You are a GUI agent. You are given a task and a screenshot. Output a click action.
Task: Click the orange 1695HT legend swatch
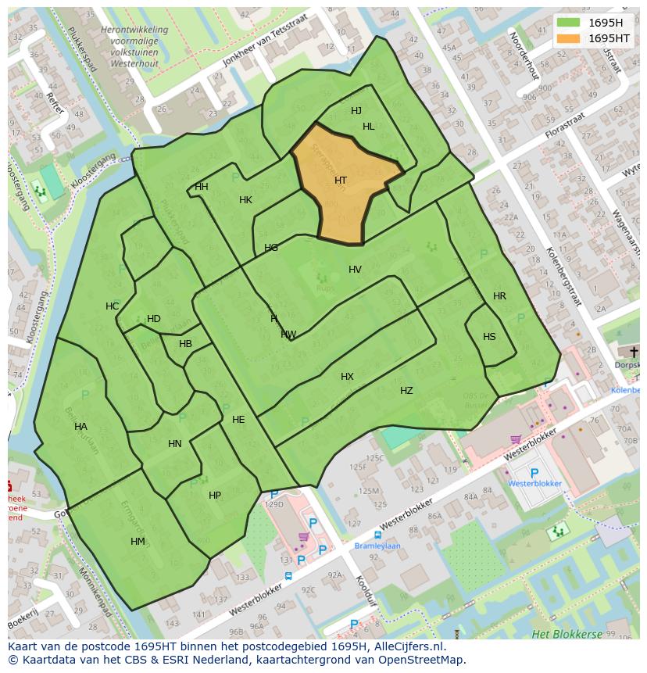pos(569,38)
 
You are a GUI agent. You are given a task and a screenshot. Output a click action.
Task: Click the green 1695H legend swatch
pos(569,23)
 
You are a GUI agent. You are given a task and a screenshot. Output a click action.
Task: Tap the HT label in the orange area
pos(341,181)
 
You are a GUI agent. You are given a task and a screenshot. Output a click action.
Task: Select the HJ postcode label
pos(356,111)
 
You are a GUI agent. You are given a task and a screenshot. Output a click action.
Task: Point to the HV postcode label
pos(355,270)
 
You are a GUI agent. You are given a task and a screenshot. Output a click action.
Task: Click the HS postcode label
pos(489,337)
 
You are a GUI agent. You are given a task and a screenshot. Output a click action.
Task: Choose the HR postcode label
pos(499,296)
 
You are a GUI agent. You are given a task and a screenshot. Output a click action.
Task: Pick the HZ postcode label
pos(406,391)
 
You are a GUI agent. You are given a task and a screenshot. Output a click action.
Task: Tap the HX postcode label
pos(347,377)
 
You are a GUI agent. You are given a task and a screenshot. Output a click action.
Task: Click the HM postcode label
pos(138,542)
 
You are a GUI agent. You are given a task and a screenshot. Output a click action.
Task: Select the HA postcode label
pos(80,427)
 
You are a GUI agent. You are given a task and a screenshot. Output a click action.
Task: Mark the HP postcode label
pos(214,496)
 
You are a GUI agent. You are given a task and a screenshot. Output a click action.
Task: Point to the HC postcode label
pos(113,306)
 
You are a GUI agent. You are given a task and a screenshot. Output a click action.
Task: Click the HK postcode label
pos(245,200)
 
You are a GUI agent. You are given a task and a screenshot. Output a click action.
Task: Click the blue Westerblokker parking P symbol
pos(534,473)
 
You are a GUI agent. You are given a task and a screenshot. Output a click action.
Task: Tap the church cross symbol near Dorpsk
pos(633,353)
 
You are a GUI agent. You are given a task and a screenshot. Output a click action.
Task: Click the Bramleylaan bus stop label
pos(377,546)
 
